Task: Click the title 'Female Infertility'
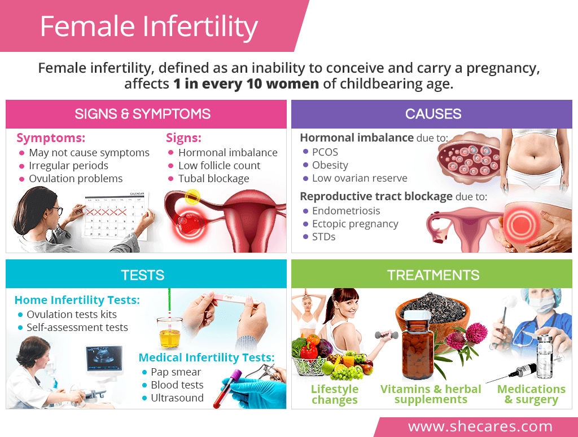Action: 149,27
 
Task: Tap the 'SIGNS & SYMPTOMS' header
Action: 143,114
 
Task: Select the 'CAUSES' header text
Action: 433,114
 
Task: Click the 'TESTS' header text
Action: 143,275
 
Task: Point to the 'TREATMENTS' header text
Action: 433,275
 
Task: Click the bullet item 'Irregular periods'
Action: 68,166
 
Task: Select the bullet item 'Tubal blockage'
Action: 214,179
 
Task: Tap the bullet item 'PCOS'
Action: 325,152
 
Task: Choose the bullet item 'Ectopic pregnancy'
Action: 355,224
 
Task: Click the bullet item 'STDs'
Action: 323,237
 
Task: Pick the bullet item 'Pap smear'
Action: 176,372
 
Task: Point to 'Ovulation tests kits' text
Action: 72,315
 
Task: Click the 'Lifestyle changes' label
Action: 334,394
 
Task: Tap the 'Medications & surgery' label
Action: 531,394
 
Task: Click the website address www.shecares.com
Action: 480,426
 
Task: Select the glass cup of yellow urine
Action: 169,333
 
